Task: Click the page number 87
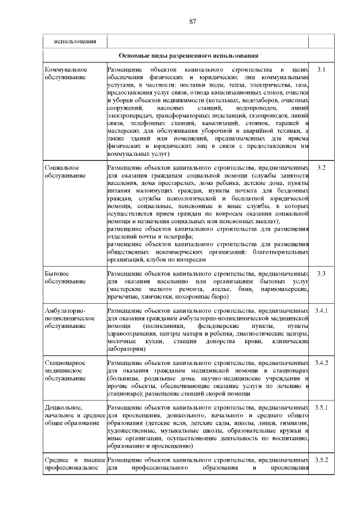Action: tap(192, 21)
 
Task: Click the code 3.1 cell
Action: tap(322, 70)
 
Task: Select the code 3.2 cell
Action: tap(322, 168)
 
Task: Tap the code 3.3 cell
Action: tap(322, 273)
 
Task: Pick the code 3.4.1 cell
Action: tap(322, 310)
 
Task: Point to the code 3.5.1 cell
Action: tap(322, 407)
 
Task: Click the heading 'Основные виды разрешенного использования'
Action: tap(188, 56)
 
